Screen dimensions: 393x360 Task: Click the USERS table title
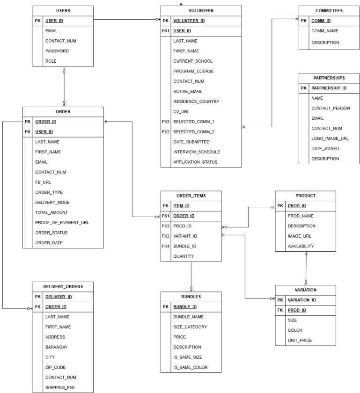coord(63,10)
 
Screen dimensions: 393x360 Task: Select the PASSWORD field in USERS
coord(57,51)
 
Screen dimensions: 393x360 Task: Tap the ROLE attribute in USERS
coord(51,61)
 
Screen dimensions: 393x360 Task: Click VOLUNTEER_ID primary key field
coord(189,21)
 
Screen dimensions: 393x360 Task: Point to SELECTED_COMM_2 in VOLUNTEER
coord(194,131)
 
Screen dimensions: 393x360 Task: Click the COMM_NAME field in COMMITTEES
coord(325,31)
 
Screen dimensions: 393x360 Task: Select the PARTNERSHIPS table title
coord(329,78)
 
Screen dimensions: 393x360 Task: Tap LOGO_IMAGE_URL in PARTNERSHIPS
coord(331,138)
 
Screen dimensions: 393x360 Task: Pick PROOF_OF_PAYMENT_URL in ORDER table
coord(62,223)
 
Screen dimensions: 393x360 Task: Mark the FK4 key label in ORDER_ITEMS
coord(165,246)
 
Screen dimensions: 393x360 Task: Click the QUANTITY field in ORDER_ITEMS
coord(184,256)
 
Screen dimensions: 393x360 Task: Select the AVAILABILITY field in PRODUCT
coord(301,246)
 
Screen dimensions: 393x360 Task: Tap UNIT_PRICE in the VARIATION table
coord(300,340)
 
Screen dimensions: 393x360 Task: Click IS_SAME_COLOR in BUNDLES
coord(191,367)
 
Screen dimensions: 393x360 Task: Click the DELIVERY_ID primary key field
coord(59,297)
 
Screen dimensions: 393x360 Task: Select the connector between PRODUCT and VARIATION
coord(306,268)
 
